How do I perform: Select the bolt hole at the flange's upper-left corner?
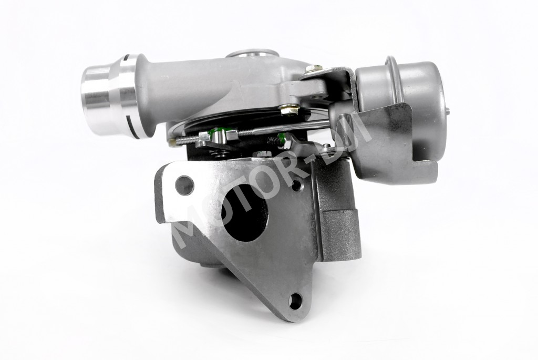pos(184,186)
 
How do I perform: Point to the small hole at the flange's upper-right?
pos(296,186)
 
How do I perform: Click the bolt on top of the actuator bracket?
pos(314,69)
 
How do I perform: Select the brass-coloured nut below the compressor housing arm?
pos(289,110)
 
